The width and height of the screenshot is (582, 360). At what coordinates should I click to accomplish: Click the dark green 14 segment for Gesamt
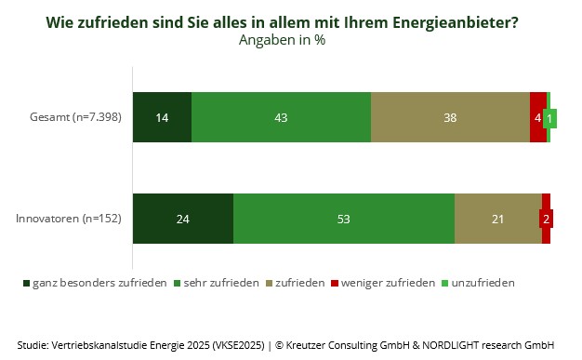(162, 117)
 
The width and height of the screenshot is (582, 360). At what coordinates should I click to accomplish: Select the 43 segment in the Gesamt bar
(281, 117)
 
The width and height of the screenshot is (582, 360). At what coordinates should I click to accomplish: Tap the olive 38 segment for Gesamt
(450, 117)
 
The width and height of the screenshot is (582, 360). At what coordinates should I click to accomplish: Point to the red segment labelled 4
(537, 117)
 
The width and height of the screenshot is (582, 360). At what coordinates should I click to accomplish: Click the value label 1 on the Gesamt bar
(549, 118)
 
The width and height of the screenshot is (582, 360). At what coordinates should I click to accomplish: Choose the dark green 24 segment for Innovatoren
(183, 219)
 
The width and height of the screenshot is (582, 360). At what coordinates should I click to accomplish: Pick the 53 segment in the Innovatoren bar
(344, 219)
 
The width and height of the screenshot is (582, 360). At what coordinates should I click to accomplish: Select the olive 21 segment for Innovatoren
(498, 219)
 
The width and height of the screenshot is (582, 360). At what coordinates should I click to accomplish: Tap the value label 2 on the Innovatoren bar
(546, 219)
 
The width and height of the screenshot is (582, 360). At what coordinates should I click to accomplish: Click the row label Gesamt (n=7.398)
(75, 117)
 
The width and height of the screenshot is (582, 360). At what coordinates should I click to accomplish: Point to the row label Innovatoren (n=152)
(69, 219)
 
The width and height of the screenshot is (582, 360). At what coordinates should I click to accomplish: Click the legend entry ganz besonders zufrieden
(95, 283)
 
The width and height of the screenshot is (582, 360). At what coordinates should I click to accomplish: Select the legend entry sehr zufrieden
(217, 283)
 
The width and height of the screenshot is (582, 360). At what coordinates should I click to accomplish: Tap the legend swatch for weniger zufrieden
(335, 284)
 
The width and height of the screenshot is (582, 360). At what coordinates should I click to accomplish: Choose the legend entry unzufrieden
(478, 283)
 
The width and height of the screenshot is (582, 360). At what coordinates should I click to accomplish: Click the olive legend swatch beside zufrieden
(269, 284)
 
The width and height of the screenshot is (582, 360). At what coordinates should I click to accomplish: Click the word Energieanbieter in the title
(455, 22)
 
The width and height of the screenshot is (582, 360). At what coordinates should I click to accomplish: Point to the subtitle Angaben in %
(282, 40)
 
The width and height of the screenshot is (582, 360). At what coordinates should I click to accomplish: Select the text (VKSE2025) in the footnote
(238, 345)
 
